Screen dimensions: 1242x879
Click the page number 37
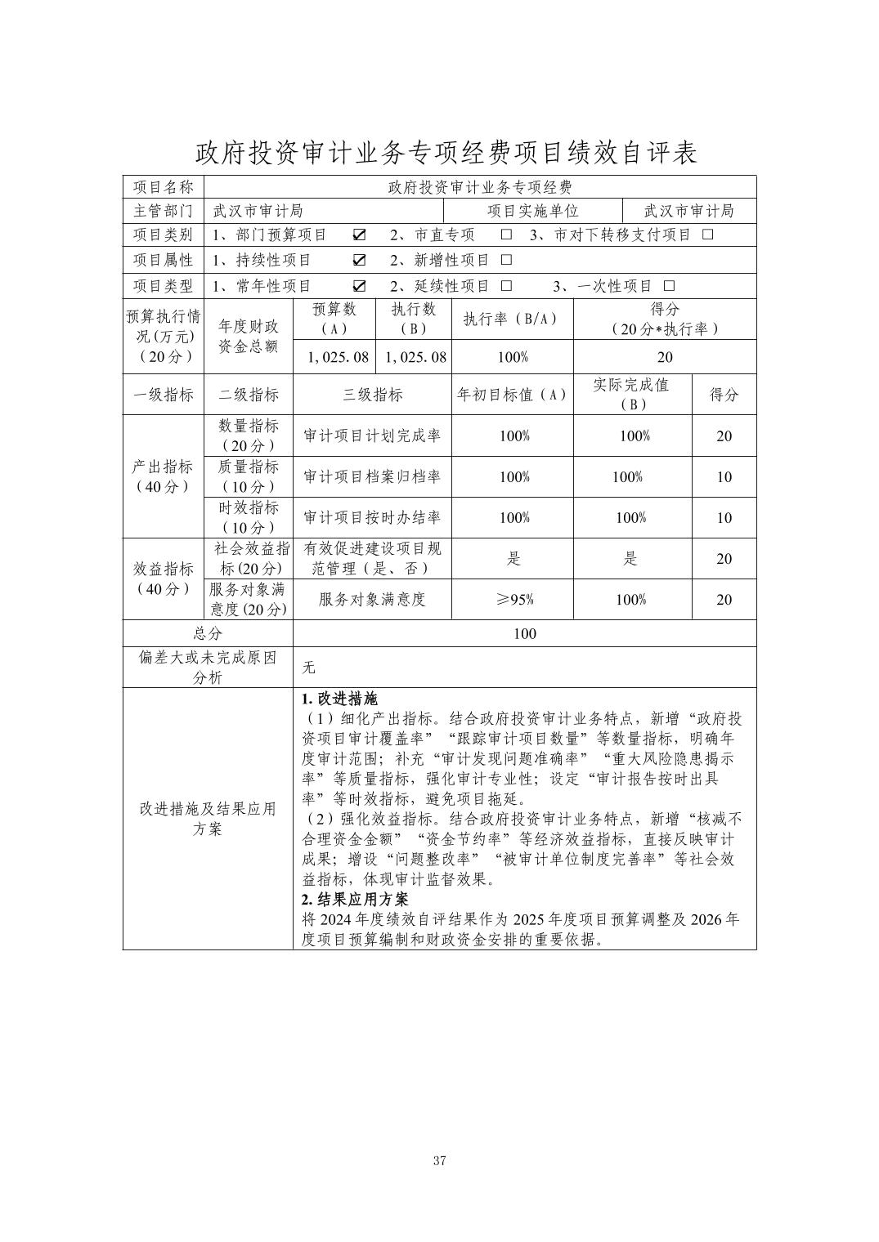[439, 1160]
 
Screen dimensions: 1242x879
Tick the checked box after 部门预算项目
[359, 235]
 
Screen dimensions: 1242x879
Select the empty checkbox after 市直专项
[506, 235]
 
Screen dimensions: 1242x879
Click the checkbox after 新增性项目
[506, 261]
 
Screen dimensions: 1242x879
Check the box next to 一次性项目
[670, 286]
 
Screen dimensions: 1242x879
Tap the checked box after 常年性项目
[359, 286]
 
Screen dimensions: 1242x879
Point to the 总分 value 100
[524, 633]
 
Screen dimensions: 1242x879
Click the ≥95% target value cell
[513, 600]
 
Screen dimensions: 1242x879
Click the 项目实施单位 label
[533, 211]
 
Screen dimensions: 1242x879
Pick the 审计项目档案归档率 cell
[372, 477]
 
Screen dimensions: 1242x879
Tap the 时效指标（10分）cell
[249, 517]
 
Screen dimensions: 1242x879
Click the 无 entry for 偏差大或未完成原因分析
[308, 668]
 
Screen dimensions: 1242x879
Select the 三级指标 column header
[372, 395]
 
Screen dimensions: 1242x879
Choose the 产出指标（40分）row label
[163, 476]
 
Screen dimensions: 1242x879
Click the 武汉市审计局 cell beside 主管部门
[258, 211]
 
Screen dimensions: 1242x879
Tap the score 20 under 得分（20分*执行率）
[665, 357]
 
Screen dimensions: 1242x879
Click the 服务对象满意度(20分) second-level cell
[249, 600]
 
